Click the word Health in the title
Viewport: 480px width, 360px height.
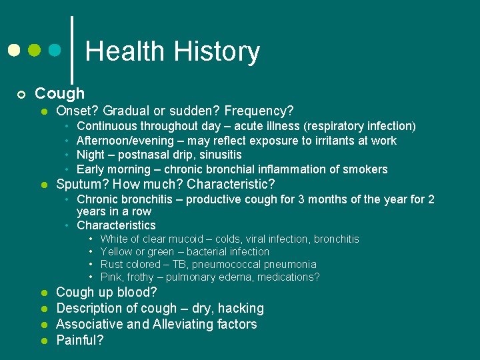(x=125, y=51)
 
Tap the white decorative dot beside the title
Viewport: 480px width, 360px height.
(x=14, y=50)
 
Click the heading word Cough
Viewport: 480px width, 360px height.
(x=59, y=93)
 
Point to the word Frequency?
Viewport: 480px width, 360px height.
(x=261, y=111)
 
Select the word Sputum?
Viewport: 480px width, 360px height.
(x=82, y=184)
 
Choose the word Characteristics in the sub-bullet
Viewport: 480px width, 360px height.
(x=116, y=225)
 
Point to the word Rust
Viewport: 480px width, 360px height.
(x=111, y=264)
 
